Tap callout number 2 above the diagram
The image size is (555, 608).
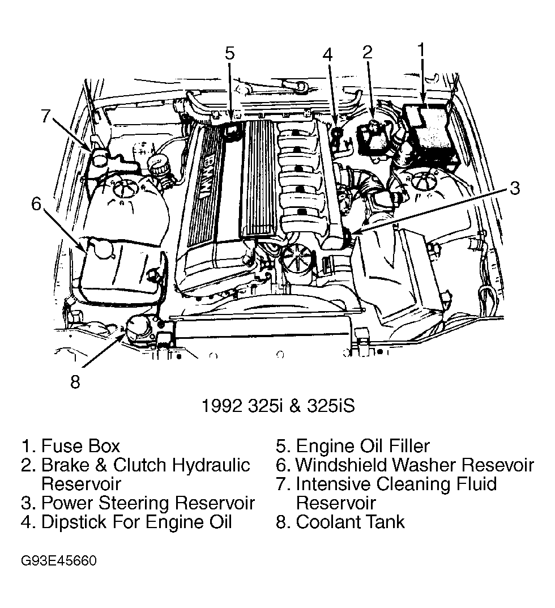coord(368,52)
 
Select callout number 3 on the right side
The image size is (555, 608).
coord(514,188)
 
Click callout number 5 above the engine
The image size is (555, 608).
coord(229,53)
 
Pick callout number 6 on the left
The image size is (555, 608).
coord(37,203)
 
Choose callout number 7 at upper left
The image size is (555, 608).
coord(46,116)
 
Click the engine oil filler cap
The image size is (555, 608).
coord(233,131)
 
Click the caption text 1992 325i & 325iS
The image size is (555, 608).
coord(277,406)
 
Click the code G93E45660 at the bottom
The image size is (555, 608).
coord(59,561)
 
